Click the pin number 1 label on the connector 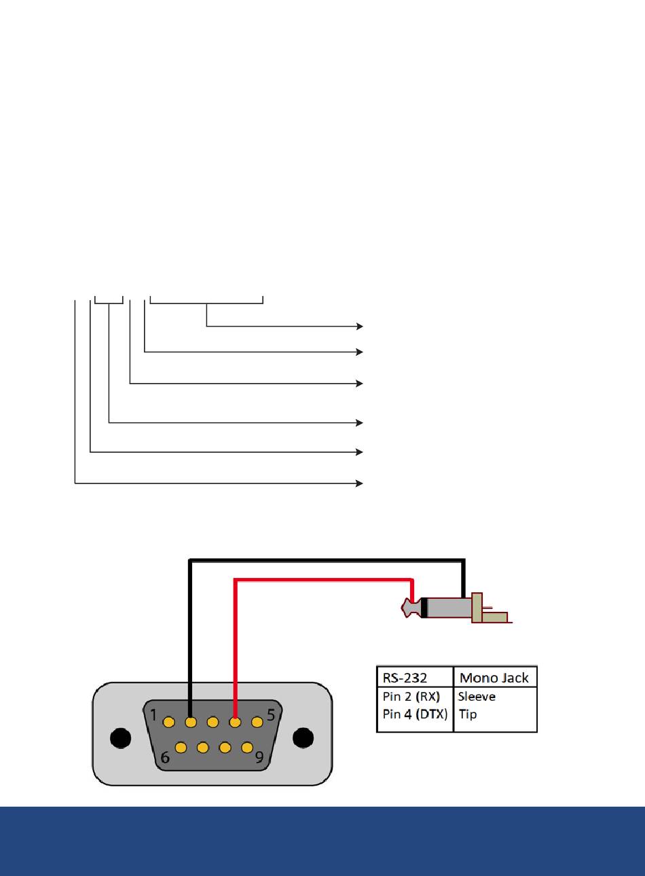153,715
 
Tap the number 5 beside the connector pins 271,715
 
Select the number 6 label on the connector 165,758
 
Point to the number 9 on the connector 259,758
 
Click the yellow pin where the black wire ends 191,722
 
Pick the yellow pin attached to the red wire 235,722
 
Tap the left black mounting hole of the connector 120,738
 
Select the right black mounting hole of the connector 303,738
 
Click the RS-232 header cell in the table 405,678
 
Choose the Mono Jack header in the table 494,678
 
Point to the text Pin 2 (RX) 411,697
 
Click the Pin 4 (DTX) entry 415,714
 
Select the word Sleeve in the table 477,697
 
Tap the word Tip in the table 468,714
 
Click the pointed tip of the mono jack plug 403,607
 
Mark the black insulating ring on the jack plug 424,608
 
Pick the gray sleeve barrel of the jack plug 449,608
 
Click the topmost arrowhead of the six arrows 360,326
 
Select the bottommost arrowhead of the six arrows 360,483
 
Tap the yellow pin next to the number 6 181,748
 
